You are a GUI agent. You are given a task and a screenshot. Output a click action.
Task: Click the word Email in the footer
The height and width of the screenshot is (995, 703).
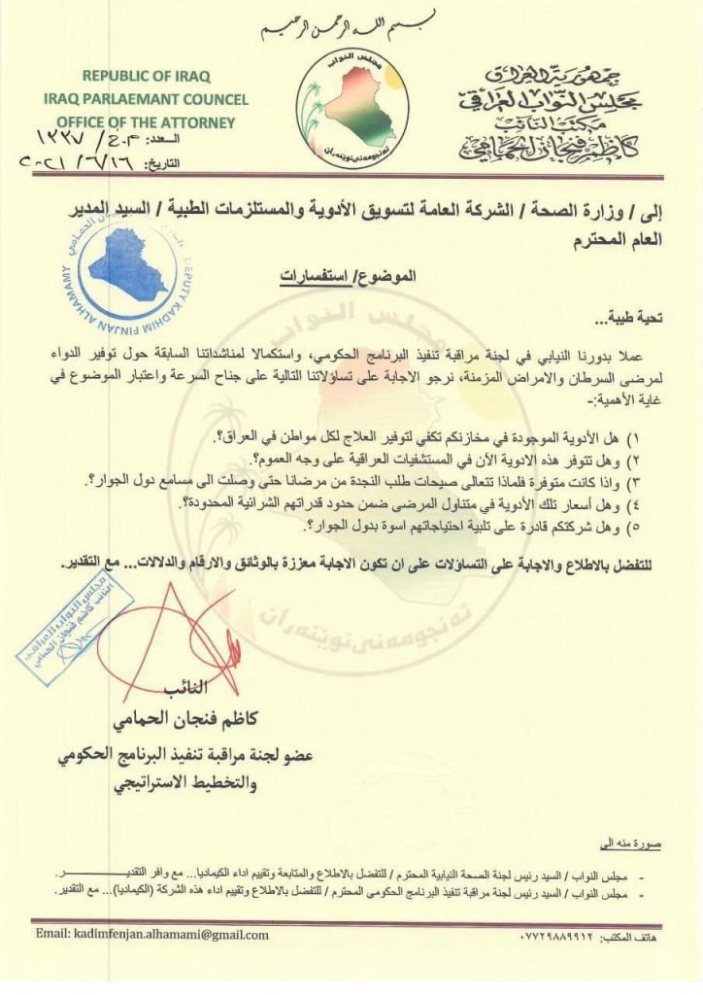point(50,935)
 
